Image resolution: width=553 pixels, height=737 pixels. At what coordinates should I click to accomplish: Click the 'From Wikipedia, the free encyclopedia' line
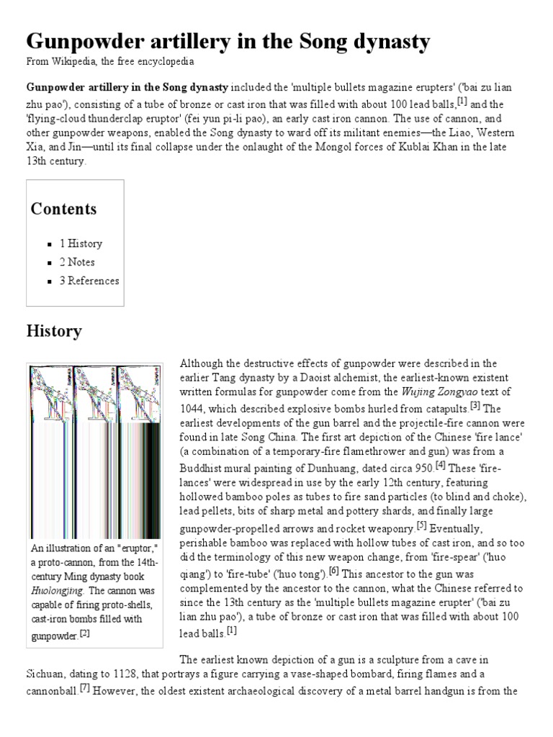(x=110, y=63)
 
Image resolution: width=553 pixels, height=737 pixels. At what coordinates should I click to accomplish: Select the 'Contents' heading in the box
(x=63, y=209)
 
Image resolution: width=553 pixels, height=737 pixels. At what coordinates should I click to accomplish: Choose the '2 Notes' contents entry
(x=77, y=262)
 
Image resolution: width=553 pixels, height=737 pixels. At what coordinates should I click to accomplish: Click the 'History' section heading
(x=54, y=332)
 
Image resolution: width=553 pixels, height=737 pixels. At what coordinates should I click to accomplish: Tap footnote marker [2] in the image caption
(x=84, y=633)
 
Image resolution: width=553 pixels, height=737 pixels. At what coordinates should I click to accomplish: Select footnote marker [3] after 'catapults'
(x=475, y=405)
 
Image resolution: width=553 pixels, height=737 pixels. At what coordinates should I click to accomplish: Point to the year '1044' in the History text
(x=193, y=407)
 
